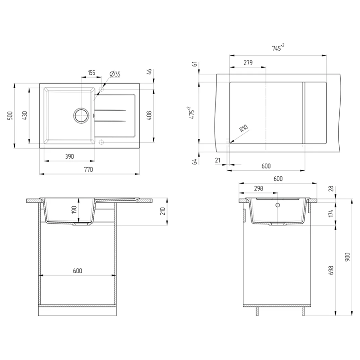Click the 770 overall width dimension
click(89, 169)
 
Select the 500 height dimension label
click(10, 115)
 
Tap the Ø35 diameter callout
click(115, 74)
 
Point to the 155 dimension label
click(91, 73)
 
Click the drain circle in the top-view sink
click(81, 115)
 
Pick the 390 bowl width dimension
click(70, 156)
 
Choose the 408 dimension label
click(149, 116)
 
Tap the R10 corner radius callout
click(244, 128)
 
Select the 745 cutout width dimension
click(278, 48)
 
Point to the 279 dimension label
click(248, 62)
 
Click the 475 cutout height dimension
click(192, 113)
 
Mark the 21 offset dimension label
click(218, 160)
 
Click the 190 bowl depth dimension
click(74, 210)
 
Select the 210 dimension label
click(163, 211)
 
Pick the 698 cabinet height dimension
click(331, 270)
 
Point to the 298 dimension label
click(258, 188)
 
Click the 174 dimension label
click(331, 213)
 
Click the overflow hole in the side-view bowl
click(278, 205)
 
